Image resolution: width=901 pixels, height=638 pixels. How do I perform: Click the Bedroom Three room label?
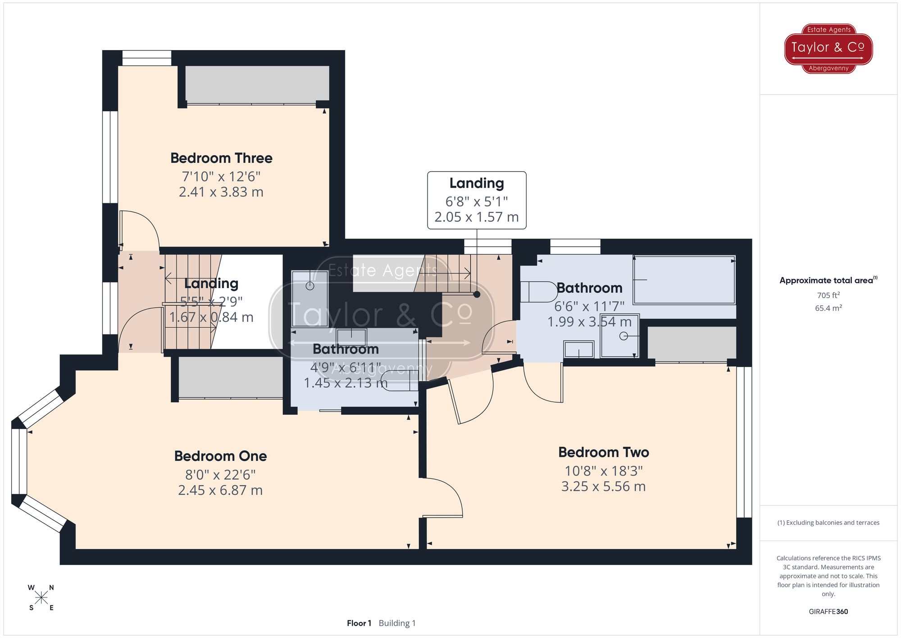pyautogui.click(x=221, y=158)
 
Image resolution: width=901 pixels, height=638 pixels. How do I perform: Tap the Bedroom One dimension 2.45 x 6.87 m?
pyautogui.click(x=220, y=490)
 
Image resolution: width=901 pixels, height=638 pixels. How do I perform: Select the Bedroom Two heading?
pyautogui.click(x=603, y=452)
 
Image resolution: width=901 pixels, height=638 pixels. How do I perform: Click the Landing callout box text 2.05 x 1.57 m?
pyautogui.click(x=476, y=217)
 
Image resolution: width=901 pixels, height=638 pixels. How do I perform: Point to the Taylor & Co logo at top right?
pyautogui.click(x=828, y=48)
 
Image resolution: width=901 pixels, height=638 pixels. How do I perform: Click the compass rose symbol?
pyautogui.click(x=41, y=598)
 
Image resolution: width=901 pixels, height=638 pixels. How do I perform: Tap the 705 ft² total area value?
pyautogui.click(x=828, y=295)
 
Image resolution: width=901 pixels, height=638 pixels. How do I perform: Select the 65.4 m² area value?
pyautogui.click(x=828, y=308)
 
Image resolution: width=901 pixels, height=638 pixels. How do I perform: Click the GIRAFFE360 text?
pyautogui.click(x=828, y=611)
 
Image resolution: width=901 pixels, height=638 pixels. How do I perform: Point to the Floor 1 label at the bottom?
pyautogui.click(x=359, y=623)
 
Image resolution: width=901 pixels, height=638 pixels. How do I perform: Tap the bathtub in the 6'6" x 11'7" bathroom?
pyautogui.click(x=684, y=280)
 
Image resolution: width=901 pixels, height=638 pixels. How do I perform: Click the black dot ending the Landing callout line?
pyautogui.click(x=477, y=294)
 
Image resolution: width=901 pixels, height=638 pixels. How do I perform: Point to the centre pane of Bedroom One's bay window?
pyautogui.click(x=19, y=461)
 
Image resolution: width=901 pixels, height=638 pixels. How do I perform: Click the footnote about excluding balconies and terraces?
pyautogui.click(x=828, y=523)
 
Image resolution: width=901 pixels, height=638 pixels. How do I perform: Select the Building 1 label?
pyautogui.click(x=397, y=623)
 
